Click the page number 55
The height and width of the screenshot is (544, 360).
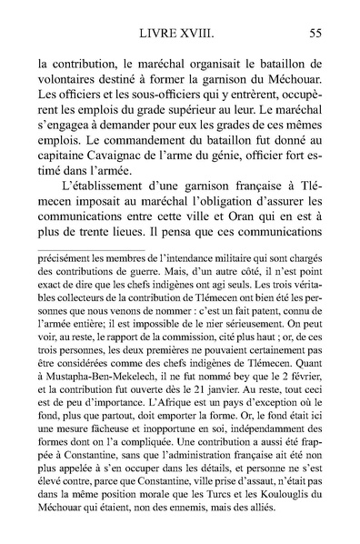point(318,34)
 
